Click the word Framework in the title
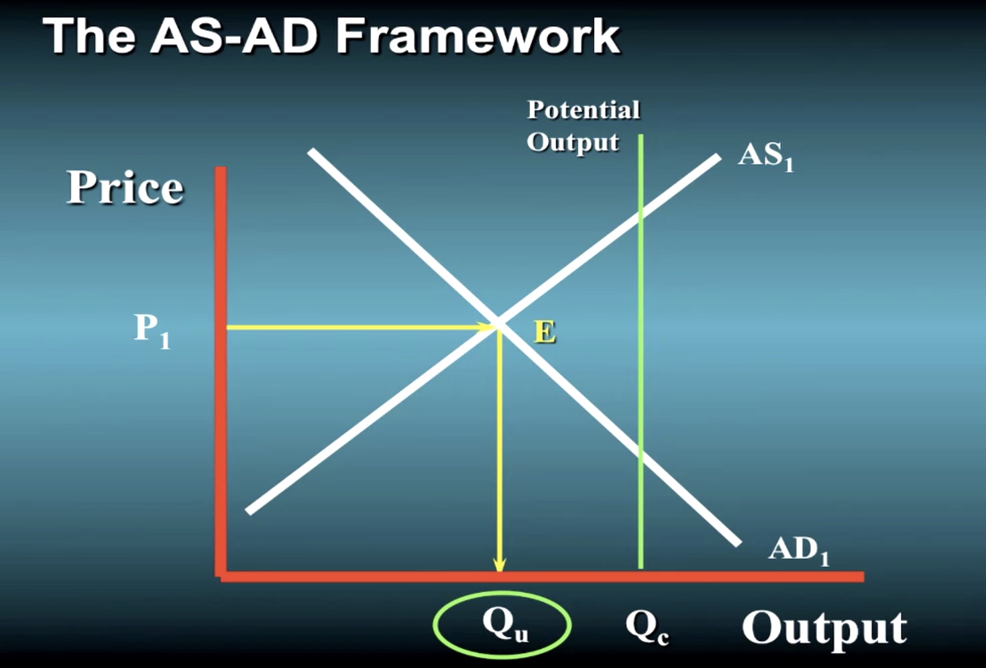tap(478, 36)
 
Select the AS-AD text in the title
tap(233, 36)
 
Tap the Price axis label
tap(125, 187)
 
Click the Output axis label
tap(824, 628)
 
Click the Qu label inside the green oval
tap(505, 626)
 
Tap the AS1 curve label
tap(766, 157)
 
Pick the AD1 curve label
tap(799, 551)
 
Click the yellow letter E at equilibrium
tap(545, 332)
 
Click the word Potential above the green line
tap(584, 109)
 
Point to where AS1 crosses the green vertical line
tap(641, 216)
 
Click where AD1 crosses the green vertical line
tap(641, 457)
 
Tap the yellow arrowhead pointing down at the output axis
tap(499, 565)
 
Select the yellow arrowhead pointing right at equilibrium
tap(486, 327)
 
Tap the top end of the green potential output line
tap(641, 135)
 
